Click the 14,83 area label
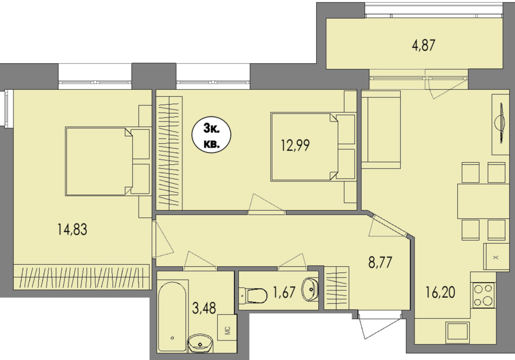tap(72, 229)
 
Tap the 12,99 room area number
tap(295, 145)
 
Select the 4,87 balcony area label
tap(423, 45)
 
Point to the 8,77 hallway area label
tap(380, 263)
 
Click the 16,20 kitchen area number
tap(440, 292)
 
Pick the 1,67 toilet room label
tap(284, 292)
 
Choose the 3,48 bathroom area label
tap(204, 308)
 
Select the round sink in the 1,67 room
tap(310, 289)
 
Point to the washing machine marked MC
tap(227, 328)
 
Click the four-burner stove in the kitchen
tap(484, 295)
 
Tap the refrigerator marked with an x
tap(496, 257)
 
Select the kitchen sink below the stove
tap(457, 331)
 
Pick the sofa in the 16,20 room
tap(381, 129)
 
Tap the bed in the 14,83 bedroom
tap(108, 161)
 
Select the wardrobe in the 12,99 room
tap(169, 153)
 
